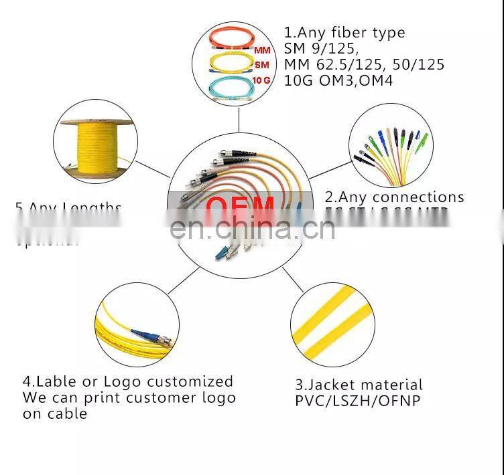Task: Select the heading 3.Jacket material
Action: click(x=359, y=385)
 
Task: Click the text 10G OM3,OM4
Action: click(x=338, y=80)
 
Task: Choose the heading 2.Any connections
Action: click(x=394, y=197)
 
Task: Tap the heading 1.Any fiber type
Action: click(x=344, y=32)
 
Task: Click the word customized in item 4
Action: click(x=190, y=381)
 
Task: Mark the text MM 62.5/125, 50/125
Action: click(x=364, y=64)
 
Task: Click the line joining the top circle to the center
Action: click(x=239, y=120)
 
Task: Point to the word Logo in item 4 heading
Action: click(x=122, y=381)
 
